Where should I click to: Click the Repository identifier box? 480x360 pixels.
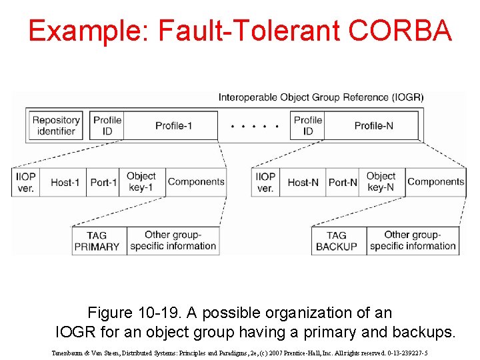click(x=56, y=125)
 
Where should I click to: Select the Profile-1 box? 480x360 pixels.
click(x=173, y=125)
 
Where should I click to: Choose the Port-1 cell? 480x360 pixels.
click(x=103, y=182)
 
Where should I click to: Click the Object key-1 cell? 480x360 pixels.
click(x=141, y=181)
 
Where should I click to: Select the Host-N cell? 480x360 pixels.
click(x=303, y=182)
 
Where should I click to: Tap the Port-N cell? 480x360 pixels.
click(x=343, y=182)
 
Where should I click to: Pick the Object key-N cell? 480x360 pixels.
click(x=381, y=181)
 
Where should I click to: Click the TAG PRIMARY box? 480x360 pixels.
click(x=97, y=241)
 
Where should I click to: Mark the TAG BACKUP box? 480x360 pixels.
click(x=337, y=241)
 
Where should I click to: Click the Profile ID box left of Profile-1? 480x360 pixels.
click(x=107, y=125)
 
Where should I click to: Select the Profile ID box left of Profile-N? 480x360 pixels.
click(x=308, y=125)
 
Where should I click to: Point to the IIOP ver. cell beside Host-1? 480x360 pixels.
click(x=25, y=182)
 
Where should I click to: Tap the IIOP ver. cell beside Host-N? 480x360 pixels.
click(x=265, y=182)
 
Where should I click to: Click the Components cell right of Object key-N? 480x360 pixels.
click(x=436, y=181)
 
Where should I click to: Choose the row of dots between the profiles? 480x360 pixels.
click(x=255, y=126)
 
